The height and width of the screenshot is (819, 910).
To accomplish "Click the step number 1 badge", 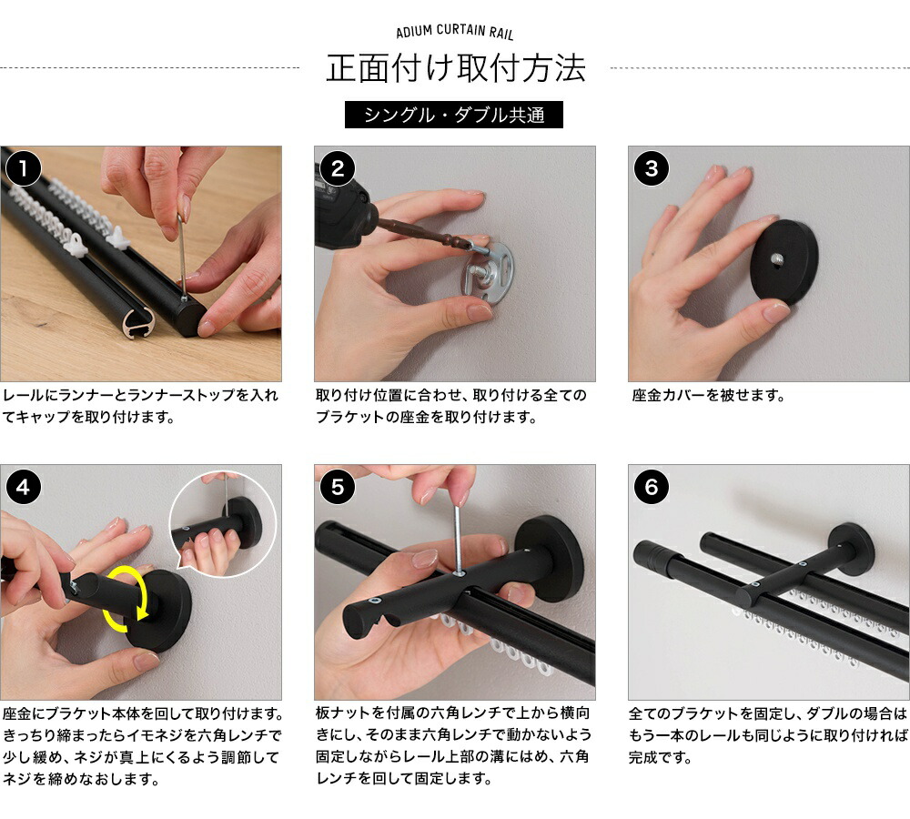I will (23, 168).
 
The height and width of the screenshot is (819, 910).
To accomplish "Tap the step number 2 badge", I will (338, 168).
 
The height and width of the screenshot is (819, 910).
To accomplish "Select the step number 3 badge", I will (651, 168).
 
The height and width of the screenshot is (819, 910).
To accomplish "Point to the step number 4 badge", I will (23, 488).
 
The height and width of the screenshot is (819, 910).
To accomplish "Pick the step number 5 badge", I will (338, 488).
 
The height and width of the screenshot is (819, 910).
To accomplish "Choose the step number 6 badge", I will (651, 488).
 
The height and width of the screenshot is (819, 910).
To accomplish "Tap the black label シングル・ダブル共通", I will (455, 116).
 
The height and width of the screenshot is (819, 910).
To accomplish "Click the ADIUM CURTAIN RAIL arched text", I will (455, 33).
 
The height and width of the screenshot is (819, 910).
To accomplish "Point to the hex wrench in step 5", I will (457, 537).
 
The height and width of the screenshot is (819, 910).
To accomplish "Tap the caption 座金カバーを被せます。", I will (708, 396).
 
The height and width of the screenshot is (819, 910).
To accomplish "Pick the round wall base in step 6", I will (852, 548).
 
